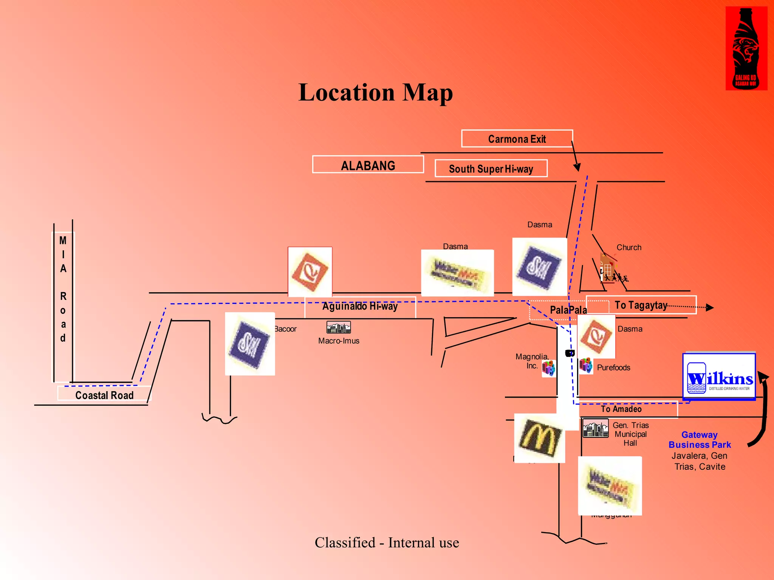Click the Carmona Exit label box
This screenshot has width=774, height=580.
[x=517, y=139]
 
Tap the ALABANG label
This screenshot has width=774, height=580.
[x=368, y=165]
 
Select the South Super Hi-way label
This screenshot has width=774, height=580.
[x=491, y=168]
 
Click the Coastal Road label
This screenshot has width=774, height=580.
[x=104, y=395]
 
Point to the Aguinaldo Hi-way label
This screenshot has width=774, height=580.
[x=360, y=306]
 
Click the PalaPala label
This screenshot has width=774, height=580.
[x=568, y=310]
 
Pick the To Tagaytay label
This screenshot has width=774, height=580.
[x=641, y=305]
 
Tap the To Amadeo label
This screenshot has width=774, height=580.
[x=621, y=409]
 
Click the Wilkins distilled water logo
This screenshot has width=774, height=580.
[x=719, y=376]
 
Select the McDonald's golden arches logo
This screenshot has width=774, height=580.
[x=539, y=438]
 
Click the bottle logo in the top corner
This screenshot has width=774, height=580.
[x=746, y=48]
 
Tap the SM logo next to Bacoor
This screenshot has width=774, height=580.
[x=250, y=344]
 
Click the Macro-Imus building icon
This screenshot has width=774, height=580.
[x=339, y=327]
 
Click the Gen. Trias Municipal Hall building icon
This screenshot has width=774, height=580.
[x=595, y=428]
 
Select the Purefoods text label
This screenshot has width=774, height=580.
[x=613, y=367]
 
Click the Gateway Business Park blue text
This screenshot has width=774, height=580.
[x=700, y=440]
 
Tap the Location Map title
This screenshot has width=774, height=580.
[x=375, y=93]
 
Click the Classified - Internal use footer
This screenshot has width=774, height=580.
[x=387, y=543]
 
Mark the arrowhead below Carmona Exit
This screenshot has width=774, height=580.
[x=577, y=167]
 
